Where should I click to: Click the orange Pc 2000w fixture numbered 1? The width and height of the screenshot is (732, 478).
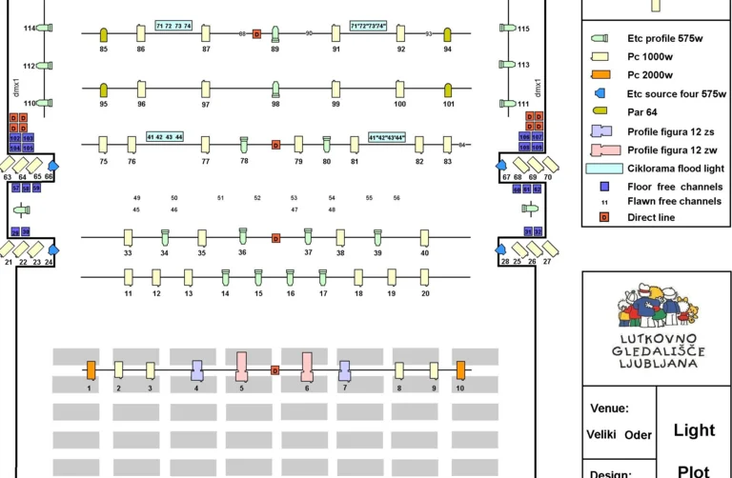click(91, 369)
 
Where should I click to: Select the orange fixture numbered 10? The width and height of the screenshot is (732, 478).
click(460, 369)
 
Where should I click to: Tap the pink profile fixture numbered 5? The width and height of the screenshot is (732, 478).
click(241, 368)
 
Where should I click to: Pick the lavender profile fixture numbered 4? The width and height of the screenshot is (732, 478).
click(197, 369)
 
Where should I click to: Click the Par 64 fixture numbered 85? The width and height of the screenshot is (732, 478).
click(104, 35)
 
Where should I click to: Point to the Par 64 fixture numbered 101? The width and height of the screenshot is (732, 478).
click(448, 90)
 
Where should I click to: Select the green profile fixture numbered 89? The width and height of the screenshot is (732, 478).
click(275, 34)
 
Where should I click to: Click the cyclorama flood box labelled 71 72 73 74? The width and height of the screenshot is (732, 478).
click(173, 26)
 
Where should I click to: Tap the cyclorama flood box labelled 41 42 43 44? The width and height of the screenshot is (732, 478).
click(165, 138)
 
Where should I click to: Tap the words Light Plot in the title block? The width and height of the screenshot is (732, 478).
click(694, 448)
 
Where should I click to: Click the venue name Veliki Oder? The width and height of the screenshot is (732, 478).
click(620, 435)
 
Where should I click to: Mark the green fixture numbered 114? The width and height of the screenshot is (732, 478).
click(45, 29)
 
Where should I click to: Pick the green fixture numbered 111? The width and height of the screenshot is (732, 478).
click(507, 103)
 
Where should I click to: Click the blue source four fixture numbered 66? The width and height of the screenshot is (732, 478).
click(51, 167)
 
